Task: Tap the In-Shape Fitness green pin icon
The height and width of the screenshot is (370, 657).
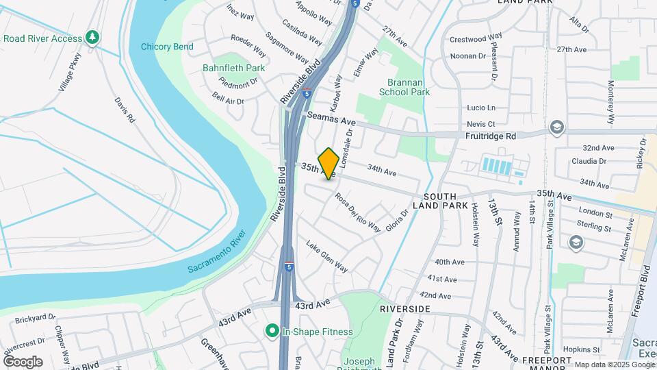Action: click(272, 332)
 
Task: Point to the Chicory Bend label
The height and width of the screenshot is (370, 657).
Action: click(167, 47)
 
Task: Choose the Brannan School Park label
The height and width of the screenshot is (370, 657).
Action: click(404, 86)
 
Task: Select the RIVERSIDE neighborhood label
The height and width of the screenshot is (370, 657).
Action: click(405, 309)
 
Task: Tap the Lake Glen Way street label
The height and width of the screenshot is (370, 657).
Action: click(326, 256)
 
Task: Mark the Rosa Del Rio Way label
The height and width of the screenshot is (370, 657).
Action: click(357, 212)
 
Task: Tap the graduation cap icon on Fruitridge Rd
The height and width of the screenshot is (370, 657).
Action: click(557, 127)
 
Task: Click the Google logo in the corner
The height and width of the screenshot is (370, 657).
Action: click(23, 362)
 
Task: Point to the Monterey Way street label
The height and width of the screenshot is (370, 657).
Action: click(612, 103)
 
